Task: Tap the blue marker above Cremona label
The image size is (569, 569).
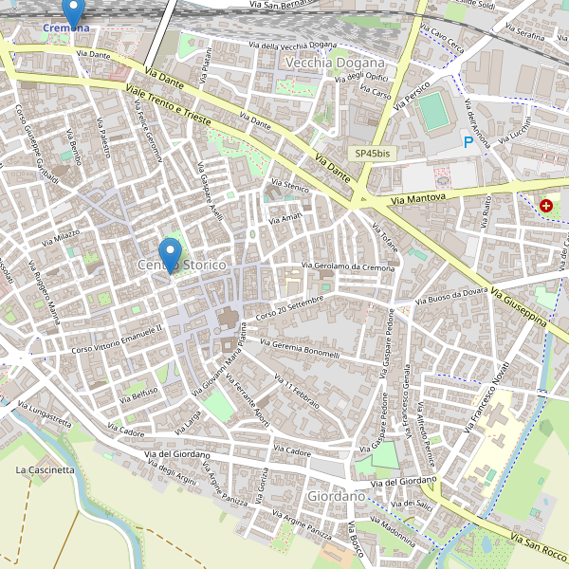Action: (73, 11)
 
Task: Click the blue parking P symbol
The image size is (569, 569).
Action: (468, 142)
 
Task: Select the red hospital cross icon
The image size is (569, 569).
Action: (546, 205)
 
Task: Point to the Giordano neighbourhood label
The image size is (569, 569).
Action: (336, 496)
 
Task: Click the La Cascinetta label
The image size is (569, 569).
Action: (45, 469)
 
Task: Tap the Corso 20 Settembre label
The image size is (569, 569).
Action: (289, 306)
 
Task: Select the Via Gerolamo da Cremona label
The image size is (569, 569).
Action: (347, 266)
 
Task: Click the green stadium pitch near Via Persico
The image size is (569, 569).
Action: (435, 110)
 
